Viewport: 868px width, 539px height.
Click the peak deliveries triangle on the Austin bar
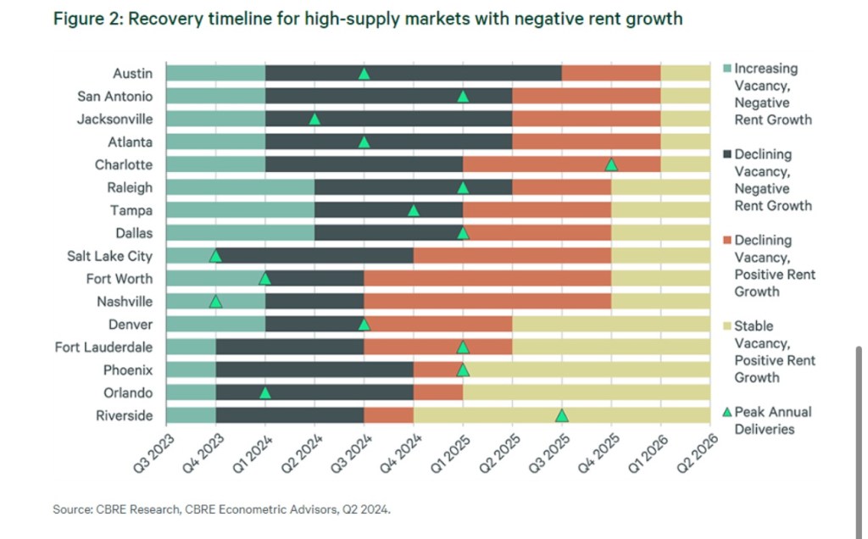point(364,74)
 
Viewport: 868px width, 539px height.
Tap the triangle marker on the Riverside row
point(561,415)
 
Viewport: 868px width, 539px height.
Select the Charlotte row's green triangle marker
point(611,164)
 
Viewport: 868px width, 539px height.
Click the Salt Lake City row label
point(110,256)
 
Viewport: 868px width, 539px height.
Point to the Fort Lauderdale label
point(103,347)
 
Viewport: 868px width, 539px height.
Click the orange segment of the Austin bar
point(611,74)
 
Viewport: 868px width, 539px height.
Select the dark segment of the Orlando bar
point(314,392)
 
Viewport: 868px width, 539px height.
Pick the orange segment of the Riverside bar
point(388,415)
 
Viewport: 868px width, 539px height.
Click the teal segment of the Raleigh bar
point(240,187)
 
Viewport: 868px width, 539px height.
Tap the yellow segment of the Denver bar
point(611,324)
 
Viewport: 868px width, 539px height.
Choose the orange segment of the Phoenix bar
point(437,370)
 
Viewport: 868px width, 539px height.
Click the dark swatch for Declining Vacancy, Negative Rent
point(726,154)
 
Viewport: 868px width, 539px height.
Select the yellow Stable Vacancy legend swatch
point(726,325)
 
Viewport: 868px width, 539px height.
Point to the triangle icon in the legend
point(726,412)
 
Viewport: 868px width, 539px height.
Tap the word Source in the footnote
point(70,509)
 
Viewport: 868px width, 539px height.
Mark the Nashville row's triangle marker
point(215,302)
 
